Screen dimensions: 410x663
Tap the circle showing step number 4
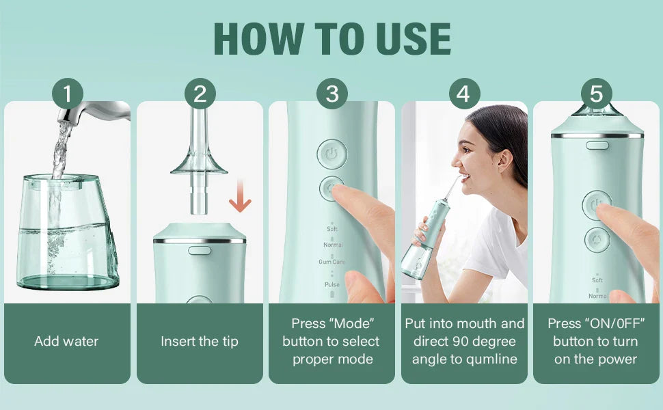(x=464, y=94)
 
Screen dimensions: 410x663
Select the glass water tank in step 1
(x=67, y=232)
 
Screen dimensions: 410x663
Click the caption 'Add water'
(x=66, y=341)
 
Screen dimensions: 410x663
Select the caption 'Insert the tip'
(x=199, y=341)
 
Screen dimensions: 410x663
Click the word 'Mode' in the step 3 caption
(x=353, y=323)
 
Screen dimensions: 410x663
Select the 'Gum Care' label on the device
(x=331, y=262)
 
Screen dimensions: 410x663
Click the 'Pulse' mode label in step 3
(x=331, y=284)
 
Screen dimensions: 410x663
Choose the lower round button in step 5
(x=597, y=241)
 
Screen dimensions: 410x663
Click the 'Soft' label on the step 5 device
(x=597, y=280)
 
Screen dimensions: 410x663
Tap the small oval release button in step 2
(x=199, y=250)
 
